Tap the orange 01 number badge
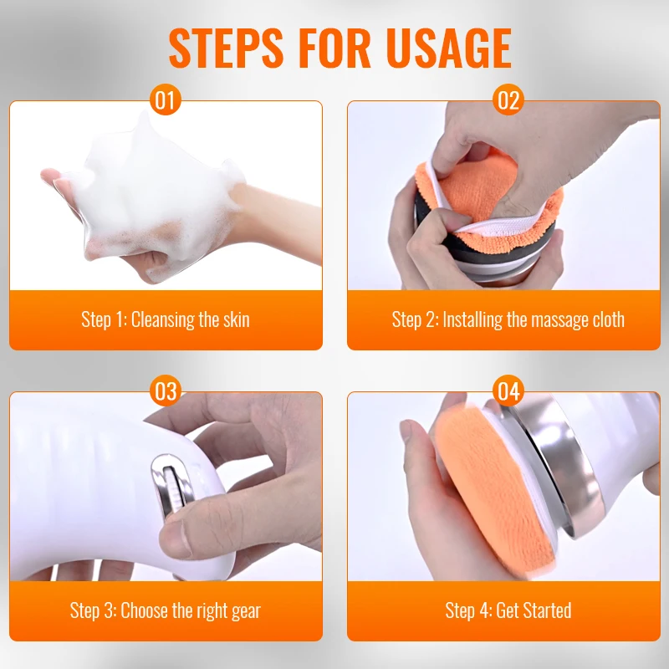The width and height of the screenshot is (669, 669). pos(166,101)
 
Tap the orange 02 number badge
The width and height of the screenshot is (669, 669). pos(508,101)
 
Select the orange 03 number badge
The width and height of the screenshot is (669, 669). pos(166,391)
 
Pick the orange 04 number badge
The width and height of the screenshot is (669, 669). pos(508,391)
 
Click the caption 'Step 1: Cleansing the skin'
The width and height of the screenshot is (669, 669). pos(166,319)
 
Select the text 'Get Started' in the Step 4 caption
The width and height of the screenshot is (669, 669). pos(534,610)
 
